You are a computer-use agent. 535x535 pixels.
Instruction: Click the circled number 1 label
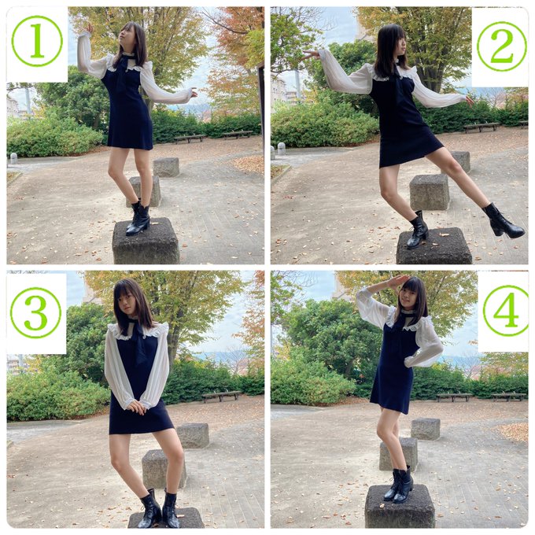pos(37,41)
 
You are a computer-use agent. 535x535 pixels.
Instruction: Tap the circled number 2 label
pos(501,46)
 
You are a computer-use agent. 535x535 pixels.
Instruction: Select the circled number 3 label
pos(36,312)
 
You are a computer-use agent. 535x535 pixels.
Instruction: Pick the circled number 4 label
pos(505,311)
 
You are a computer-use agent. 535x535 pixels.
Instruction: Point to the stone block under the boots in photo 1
pos(146,242)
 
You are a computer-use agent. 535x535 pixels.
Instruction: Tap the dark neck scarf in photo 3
pos(139,342)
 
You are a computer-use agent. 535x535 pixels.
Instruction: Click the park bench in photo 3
pos(220,396)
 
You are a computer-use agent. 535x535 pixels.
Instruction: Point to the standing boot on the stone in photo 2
pos(417,231)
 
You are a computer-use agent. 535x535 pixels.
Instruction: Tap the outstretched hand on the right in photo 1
pos(192,93)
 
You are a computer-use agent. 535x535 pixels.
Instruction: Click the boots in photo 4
pos(399,485)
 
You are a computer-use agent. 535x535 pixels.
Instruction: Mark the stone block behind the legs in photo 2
pos(429,191)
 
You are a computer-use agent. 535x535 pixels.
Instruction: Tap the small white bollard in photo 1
pos(13,158)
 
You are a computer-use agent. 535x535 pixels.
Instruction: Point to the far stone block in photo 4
pos(426,428)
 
